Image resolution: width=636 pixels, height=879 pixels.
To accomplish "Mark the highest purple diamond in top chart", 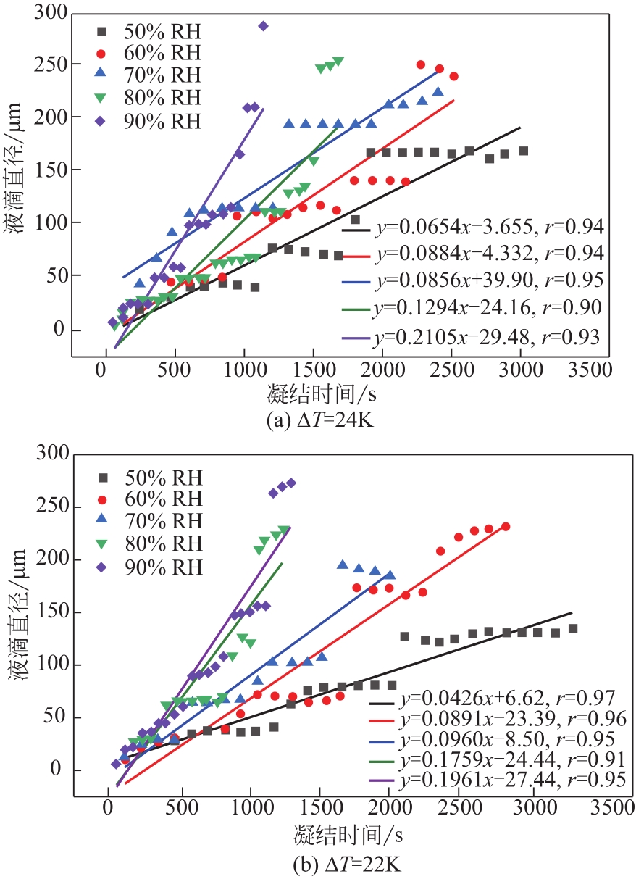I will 263,26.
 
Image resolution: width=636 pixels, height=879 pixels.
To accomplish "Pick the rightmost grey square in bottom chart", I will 573,628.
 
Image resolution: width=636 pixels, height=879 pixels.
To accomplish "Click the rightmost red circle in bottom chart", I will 506,527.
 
